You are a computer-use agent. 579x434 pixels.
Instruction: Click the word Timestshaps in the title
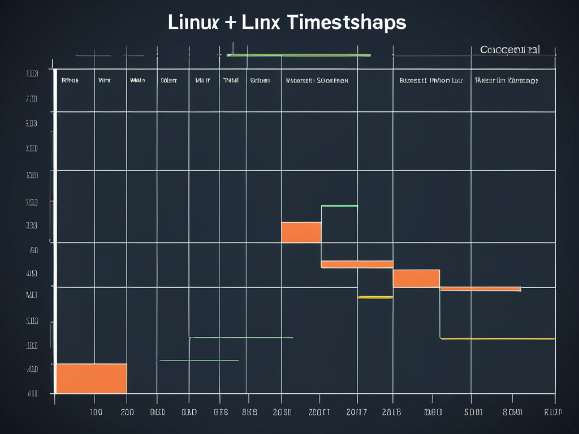pos(347,23)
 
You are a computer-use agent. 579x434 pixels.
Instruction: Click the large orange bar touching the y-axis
pos(91,378)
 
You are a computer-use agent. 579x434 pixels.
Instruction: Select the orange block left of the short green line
pos(301,232)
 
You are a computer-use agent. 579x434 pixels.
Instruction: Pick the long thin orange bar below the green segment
pos(357,264)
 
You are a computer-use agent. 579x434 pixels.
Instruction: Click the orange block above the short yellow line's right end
pos(416,278)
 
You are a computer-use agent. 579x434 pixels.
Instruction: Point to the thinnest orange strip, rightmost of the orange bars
pos(480,289)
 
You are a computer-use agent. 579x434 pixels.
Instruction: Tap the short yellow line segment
pos(375,297)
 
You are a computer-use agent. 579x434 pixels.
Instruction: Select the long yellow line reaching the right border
pos(498,338)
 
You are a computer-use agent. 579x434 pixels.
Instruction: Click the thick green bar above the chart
pos(299,55)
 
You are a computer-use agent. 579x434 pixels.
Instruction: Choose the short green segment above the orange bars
pos(339,206)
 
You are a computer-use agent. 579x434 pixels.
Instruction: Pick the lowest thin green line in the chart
pos(199,360)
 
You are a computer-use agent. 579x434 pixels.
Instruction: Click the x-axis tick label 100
pos(96,412)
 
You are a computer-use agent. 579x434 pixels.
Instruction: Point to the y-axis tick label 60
pos(33,249)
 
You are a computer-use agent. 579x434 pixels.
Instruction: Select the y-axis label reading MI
pos(32,294)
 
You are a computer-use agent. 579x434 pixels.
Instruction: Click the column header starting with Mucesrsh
pos(317,81)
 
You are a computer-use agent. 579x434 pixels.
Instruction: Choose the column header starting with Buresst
pos(431,81)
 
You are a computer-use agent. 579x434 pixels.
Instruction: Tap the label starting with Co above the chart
pos(509,50)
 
